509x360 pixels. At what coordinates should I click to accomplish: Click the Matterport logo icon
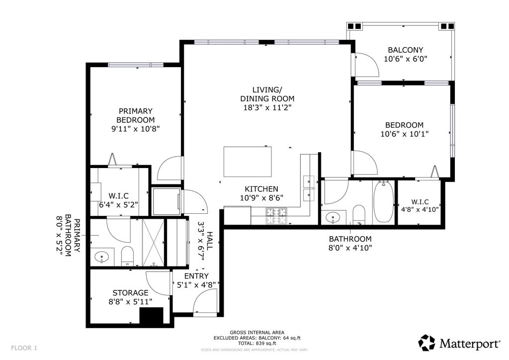click(426, 343)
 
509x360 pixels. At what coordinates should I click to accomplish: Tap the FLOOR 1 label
click(24, 348)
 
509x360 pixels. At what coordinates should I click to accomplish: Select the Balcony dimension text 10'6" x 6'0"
click(405, 59)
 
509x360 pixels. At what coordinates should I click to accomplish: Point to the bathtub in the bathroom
click(383, 201)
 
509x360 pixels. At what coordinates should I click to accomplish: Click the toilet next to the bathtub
click(359, 214)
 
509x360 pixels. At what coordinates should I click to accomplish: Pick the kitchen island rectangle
click(248, 161)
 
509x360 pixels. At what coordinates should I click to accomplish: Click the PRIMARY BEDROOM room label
click(135, 115)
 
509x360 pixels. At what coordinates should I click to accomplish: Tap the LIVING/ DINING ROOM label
click(267, 94)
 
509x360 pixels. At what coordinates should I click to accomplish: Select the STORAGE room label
click(130, 293)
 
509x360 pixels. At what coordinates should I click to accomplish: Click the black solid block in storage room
click(152, 316)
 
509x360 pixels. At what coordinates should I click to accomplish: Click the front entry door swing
click(204, 302)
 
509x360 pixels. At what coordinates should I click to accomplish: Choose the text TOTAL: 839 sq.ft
click(256, 343)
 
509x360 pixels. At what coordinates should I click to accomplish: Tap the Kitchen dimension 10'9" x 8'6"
click(261, 197)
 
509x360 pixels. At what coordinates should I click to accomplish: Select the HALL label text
click(210, 241)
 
